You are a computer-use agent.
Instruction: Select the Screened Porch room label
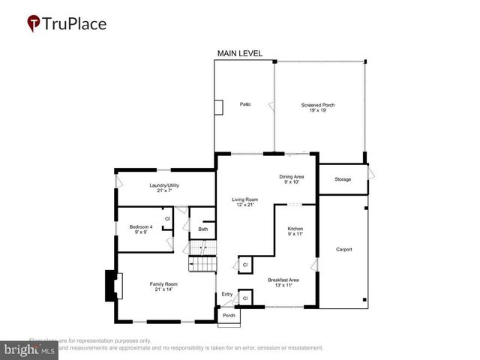coord(318,108)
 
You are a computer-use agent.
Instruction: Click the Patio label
coord(244,104)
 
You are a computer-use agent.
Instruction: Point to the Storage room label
coord(343,179)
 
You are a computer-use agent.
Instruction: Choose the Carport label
coord(343,250)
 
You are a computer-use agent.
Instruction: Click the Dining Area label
coord(291,178)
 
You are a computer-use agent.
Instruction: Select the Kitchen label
coord(295,230)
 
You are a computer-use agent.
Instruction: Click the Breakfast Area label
coord(283,283)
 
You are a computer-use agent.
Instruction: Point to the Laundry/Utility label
coord(164,187)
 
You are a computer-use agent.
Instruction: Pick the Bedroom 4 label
coord(140,229)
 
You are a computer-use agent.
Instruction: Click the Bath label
coord(202,229)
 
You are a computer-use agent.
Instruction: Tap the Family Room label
coord(163,286)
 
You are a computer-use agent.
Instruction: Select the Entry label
coord(227,294)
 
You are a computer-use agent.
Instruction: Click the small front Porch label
coord(229,316)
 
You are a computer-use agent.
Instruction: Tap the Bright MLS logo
coord(30,349)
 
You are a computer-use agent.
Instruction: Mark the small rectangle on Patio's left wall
coord(218,107)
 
